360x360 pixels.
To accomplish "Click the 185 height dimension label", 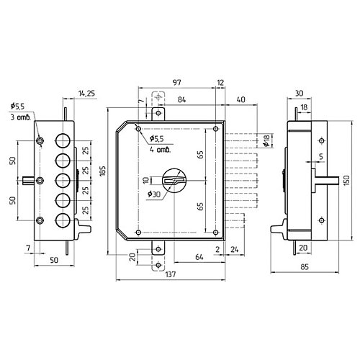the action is pos(103,171).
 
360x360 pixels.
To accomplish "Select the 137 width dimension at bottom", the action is pos(171,274).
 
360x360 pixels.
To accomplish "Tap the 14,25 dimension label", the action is pos(86,94).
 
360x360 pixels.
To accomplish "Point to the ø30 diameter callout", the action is pos(154,194).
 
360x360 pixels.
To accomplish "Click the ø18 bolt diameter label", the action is pos(266,140).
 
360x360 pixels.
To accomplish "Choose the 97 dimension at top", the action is pos(177,82).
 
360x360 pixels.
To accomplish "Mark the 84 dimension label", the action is pos(181,99).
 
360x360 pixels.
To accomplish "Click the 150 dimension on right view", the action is pos(346,180).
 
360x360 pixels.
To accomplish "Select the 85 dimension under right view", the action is pos(305,267).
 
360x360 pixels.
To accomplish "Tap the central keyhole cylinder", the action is pos(174,180).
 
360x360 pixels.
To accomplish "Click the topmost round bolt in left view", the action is pos(63,140).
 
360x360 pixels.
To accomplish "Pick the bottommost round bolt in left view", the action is pos(63,220).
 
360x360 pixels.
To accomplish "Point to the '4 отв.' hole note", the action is pos(160,150).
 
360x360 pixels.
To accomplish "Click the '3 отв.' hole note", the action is pos(21,117).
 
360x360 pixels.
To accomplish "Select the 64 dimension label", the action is pos(199,257).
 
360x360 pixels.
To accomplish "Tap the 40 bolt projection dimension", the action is pos(240,99).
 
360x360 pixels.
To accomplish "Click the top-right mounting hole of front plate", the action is pos(216,129).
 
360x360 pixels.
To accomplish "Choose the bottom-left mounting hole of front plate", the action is pos(138,232).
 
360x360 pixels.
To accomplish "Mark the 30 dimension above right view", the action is pos(299,93).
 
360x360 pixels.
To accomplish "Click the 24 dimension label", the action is pos(235,249).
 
